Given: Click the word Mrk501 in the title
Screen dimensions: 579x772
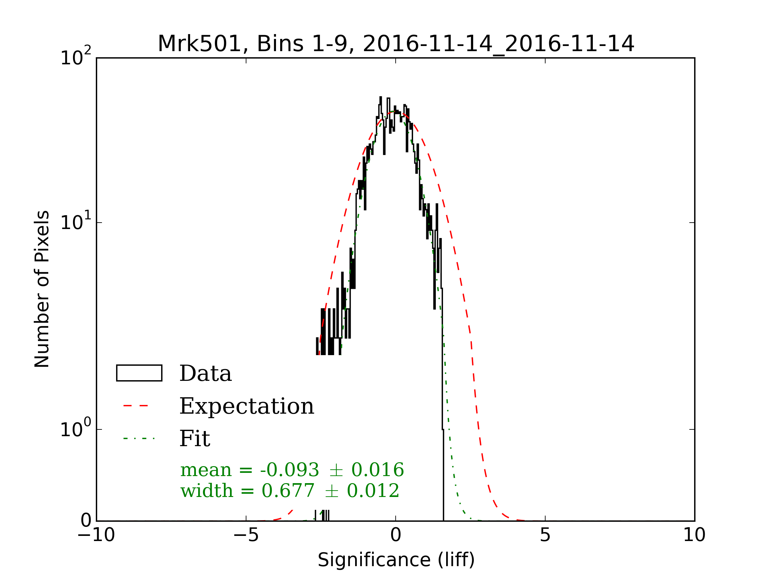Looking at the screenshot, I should [200, 44].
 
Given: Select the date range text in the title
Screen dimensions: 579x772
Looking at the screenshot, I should [498, 44].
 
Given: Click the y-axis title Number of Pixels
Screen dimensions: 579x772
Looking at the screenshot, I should [42, 289].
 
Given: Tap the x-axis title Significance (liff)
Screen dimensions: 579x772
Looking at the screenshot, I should [396, 560].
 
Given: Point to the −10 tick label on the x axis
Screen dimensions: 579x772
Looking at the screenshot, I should [96, 535].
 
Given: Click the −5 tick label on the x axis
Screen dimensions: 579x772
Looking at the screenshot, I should [246, 535].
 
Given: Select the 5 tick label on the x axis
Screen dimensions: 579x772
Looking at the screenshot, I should [545, 535].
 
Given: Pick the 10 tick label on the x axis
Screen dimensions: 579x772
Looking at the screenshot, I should [694, 535].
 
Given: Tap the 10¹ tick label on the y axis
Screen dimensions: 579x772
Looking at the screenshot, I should [75, 221].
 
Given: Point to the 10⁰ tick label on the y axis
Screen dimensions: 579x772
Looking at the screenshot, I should [75, 428].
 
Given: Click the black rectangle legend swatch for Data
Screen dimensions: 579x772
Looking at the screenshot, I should [139, 373].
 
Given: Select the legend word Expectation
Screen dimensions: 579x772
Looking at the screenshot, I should [246, 406].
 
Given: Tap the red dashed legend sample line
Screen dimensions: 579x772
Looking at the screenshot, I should [136, 406].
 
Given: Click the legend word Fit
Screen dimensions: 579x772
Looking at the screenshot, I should [194, 439].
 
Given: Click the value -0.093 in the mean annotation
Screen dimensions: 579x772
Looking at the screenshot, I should [289, 470].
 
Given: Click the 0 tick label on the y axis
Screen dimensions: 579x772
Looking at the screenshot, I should [86, 521].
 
